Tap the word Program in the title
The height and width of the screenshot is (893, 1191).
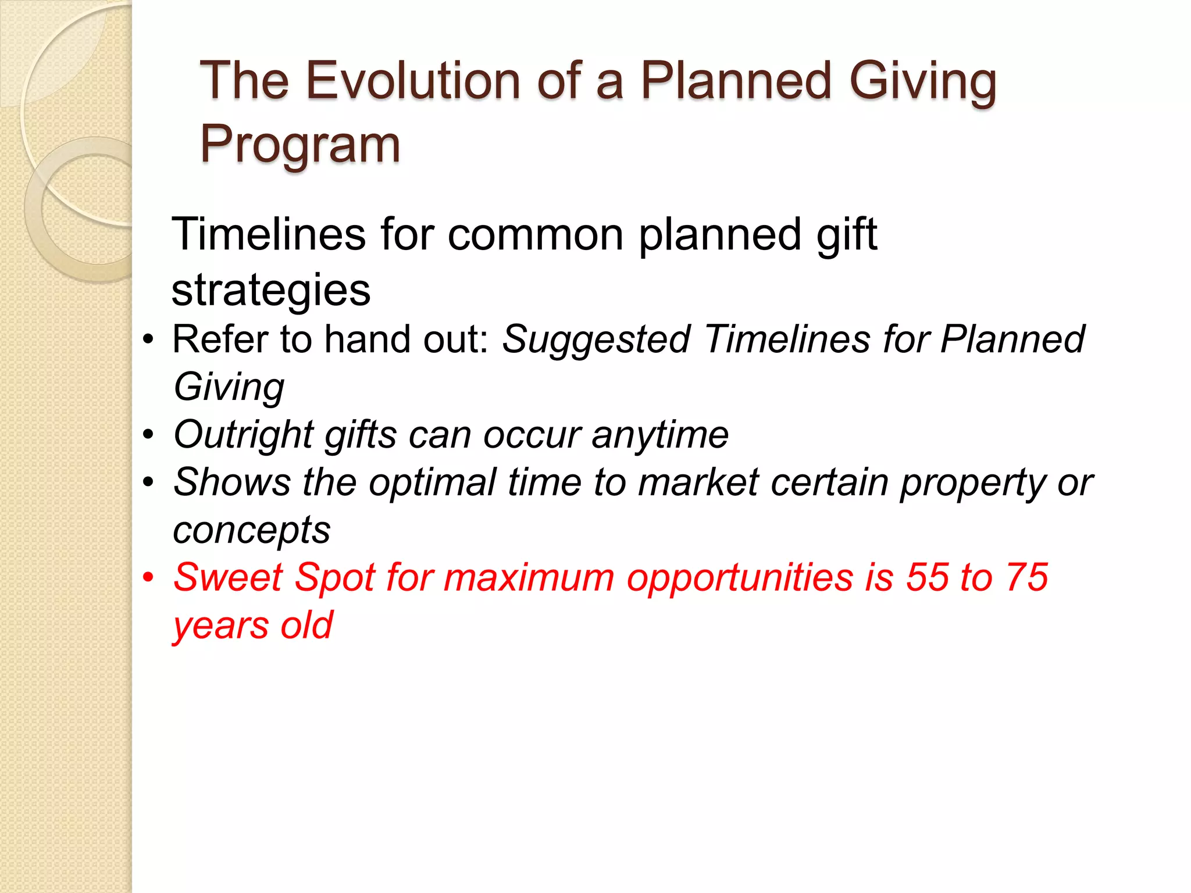[300, 145]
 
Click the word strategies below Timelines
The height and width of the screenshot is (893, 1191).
[271, 290]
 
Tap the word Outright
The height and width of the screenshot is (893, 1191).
[244, 434]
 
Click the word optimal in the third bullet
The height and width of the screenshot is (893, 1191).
[433, 483]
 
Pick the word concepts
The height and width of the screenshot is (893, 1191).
[252, 530]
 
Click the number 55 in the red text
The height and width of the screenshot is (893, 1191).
[926, 578]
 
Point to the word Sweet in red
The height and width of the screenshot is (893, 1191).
[228, 578]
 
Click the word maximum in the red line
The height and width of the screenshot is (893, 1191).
[529, 578]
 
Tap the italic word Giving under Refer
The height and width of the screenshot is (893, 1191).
[229, 387]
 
